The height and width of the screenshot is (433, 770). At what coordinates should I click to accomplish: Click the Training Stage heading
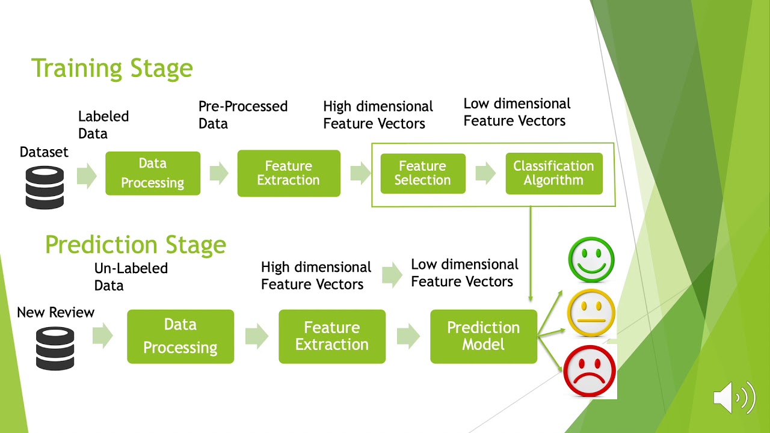point(112,68)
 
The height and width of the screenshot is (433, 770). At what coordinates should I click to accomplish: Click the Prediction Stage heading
point(135,245)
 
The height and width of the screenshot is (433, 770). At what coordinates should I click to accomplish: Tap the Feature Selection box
point(423,173)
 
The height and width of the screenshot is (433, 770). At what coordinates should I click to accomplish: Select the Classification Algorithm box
point(553,173)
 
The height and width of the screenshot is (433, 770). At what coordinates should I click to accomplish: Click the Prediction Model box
point(483,336)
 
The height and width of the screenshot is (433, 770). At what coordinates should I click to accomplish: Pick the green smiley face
point(591,260)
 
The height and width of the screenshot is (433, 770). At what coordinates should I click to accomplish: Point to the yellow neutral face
point(591,313)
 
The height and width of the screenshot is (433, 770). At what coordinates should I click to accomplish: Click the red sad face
point(590,371)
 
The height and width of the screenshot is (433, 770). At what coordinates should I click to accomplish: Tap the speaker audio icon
point(734,398)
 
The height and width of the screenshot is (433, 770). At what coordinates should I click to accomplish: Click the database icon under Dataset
point(45,188)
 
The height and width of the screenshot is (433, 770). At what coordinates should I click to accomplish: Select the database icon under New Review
point(55,348)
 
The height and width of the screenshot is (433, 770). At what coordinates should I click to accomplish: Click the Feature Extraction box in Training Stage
point(289,173)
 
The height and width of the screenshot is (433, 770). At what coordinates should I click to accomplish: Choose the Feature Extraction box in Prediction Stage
point(332,336)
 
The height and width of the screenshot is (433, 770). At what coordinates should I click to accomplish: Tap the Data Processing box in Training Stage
point(153,173)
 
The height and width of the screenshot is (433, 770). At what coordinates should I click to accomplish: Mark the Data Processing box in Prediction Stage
point(180,336)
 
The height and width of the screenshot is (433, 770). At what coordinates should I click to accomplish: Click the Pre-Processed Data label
point(243,115)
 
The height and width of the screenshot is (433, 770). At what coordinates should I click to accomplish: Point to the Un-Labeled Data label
point(131,277)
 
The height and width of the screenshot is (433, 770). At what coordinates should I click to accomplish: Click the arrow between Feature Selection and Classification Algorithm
point(485,173)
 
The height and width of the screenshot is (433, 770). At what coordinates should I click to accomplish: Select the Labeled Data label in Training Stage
point(103,124)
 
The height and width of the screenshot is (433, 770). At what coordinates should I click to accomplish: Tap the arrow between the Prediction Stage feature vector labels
point(392,274)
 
